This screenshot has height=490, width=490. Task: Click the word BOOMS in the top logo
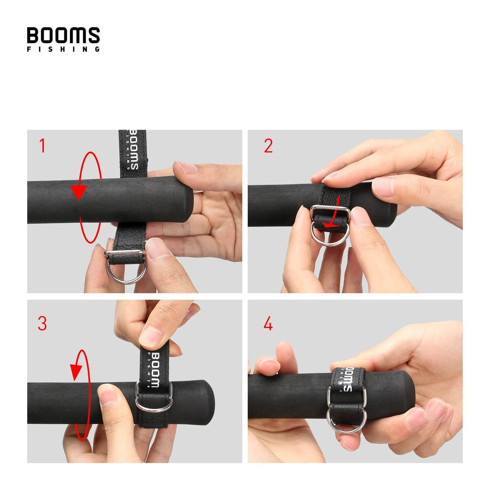point(63,35)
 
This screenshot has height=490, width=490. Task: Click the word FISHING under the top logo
point(63,49)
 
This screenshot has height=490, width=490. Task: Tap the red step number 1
point(42,146)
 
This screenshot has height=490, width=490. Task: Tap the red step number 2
point(268,146)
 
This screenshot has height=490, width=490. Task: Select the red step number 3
point(42,324)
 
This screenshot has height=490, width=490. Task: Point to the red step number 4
point(268,324)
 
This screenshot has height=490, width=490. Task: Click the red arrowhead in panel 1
point(78,192)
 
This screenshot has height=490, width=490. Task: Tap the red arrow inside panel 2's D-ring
point(331,223)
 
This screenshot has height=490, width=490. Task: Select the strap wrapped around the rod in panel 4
point(347,379)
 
